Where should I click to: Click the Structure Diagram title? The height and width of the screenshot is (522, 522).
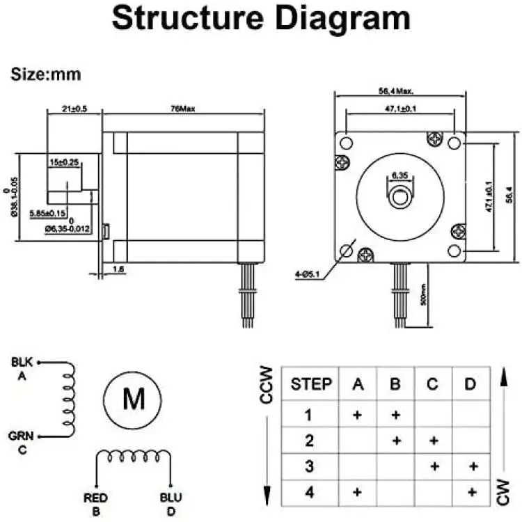(261, 19)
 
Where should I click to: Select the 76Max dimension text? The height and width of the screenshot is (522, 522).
(184, 109)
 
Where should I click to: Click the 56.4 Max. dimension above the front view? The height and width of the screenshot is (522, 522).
(400, 90)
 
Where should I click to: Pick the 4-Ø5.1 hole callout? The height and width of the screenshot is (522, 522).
(308, 274)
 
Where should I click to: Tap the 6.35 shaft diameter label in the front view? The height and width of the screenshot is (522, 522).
(400, 175)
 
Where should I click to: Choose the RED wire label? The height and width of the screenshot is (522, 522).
(95, 498)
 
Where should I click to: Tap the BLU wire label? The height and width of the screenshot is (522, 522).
(171, 498)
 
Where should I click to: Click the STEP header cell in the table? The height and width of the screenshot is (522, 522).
(310, 383)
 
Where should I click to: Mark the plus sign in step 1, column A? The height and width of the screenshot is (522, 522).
(357, 415)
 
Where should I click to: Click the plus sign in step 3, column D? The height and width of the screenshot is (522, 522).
(473, 466)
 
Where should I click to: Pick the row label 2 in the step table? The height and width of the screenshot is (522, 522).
(310, 441)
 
